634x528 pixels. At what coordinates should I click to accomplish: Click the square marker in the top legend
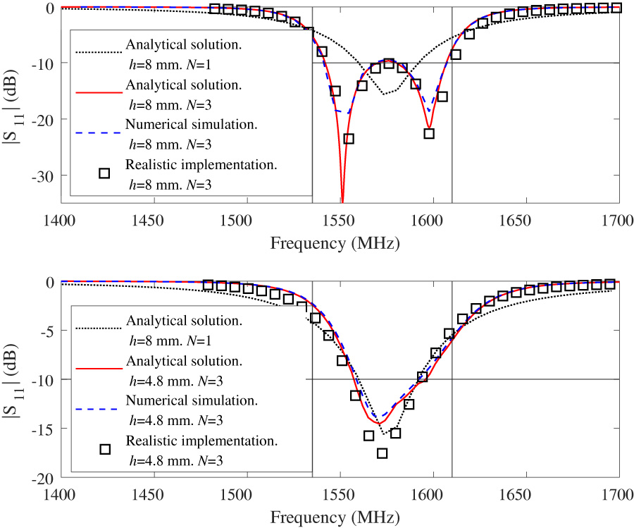(x=104, y=173)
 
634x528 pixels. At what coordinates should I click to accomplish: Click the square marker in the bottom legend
(x=104, y=449)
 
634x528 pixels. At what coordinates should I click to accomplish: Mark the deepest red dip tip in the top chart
(x=342, y=200)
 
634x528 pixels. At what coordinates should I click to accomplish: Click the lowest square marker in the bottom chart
(x=382, y=453)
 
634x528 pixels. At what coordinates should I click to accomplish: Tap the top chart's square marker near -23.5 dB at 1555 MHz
(x=348, y=139)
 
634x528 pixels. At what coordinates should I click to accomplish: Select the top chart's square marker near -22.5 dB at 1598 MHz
(x=428, y=133)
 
